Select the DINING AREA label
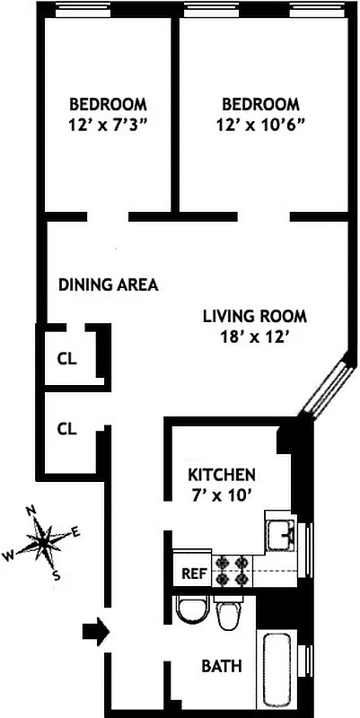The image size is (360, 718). pos(109,285)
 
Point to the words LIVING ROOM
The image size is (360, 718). pos(254,316)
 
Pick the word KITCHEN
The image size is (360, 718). pos(222,474)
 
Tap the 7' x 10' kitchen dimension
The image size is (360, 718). pos(222,495)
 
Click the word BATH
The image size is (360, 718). pos(221,667)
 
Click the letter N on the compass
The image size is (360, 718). pos(31,512)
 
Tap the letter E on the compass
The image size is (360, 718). pos(75,532)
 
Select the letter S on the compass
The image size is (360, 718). pos(57,575)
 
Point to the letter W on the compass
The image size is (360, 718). pos(9,556)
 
